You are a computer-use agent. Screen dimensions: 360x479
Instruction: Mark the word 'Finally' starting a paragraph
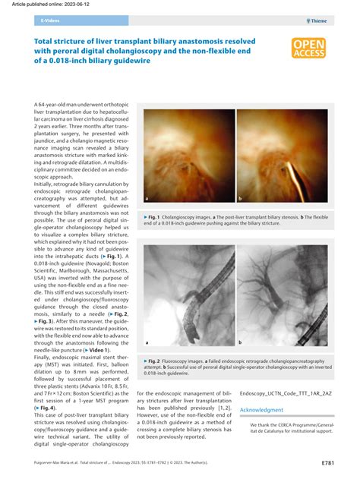[46, 357]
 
